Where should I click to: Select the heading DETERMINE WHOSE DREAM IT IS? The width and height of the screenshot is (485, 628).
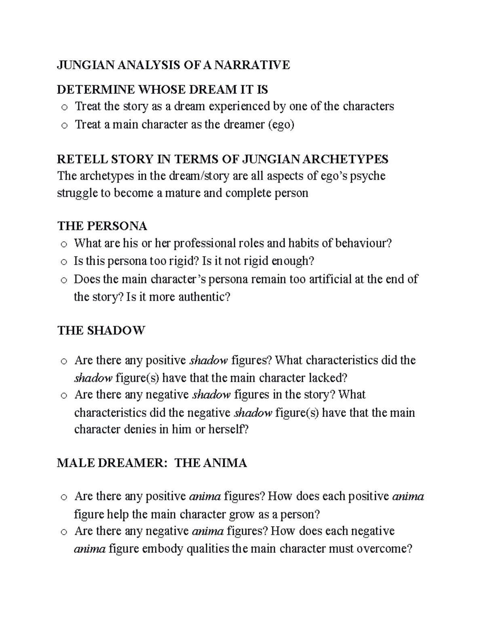(x=162, y=89)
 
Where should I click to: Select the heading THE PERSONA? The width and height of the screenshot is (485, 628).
(x=102, y=225)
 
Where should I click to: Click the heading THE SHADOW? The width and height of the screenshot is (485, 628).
(x=101, y=330)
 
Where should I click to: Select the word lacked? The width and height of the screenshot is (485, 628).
(x=328, y=378)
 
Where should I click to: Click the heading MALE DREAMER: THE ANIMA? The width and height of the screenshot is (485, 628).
(x=152, y=463)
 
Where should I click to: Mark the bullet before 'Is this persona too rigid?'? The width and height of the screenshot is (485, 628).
(x=63, y=262)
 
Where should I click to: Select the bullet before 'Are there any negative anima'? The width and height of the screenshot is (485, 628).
(x=63, y=532)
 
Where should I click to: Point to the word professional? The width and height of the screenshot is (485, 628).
(x=184, y=243)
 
